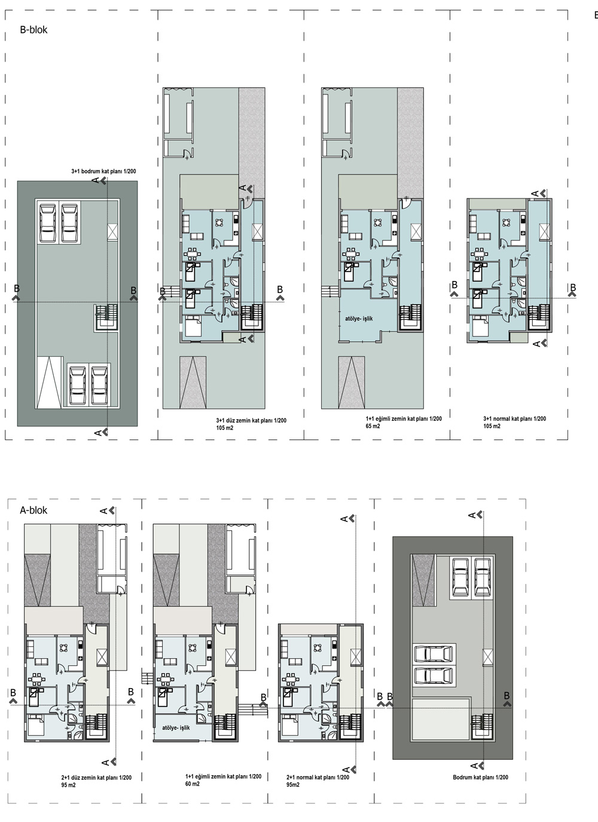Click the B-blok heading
pyautogui.click(x=33, y=30)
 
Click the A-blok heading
pyautogui.click(x=33, y=511)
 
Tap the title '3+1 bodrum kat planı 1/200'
pyautogui.click(x=104, y=172)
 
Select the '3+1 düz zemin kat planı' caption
pyautogui.click(x=243, y=420)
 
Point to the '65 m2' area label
pyautogui.click(x=373, y=426)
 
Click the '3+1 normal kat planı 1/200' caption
pyautogui.click(x=515, y=418)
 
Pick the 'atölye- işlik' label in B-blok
pyautogui.click(x=359, y=319)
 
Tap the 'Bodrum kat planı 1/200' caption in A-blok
pyautogui.click(x=481, y=778)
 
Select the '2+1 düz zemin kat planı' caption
pyautogui.click(x=88, y=778)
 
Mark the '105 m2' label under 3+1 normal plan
pyautogui.click(x=492, y=426)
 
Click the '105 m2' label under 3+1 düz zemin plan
pyautogui.click(x=225, y=428)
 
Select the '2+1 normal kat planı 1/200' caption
pyautogui.click(x=318, y=778)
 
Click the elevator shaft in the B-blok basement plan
pyautogui.click(x=112, y=233)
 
